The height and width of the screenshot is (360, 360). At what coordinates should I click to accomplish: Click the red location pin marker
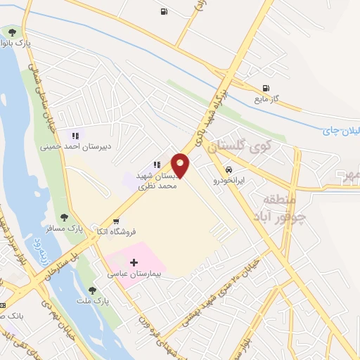(181, 165)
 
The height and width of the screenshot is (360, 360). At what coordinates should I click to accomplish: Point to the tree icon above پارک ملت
(92, 290)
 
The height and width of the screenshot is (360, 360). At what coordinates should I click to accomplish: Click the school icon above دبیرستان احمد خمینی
(75, 135)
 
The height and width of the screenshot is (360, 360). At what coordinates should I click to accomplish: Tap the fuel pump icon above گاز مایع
(265, 88)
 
